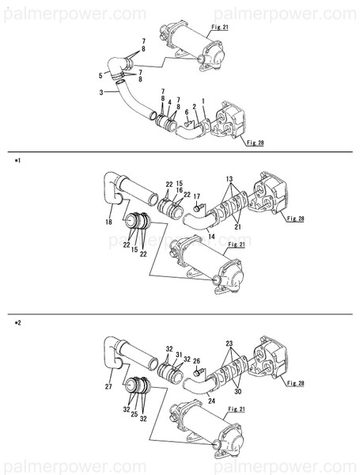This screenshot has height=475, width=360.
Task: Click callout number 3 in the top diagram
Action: pyautogui.click(x=101, y=93)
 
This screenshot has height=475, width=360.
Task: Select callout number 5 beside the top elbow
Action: pyautogui.click(x=100, y=76)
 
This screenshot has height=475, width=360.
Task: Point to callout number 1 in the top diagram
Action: pyautogui.click(x=203, y=100)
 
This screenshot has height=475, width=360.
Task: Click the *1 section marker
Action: pyautogui.click(x=17, y=160)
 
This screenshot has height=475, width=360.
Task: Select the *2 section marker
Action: pyautogui.click(x=17, y=323)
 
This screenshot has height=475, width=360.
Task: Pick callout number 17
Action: pyautogui.click(x=197, y=196)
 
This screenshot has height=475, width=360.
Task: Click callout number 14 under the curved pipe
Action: pyautogui.click(x=211, y=236)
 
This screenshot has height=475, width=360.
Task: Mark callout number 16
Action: pyautogui.click(x=180, y=191)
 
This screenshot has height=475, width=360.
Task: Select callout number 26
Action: pyautogui.click(x=197, y=360)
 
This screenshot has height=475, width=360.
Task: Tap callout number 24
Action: pyautogui.click(x=211, y=401)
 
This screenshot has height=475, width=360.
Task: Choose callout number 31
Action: pyautogui.click(x=180, y=355)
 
